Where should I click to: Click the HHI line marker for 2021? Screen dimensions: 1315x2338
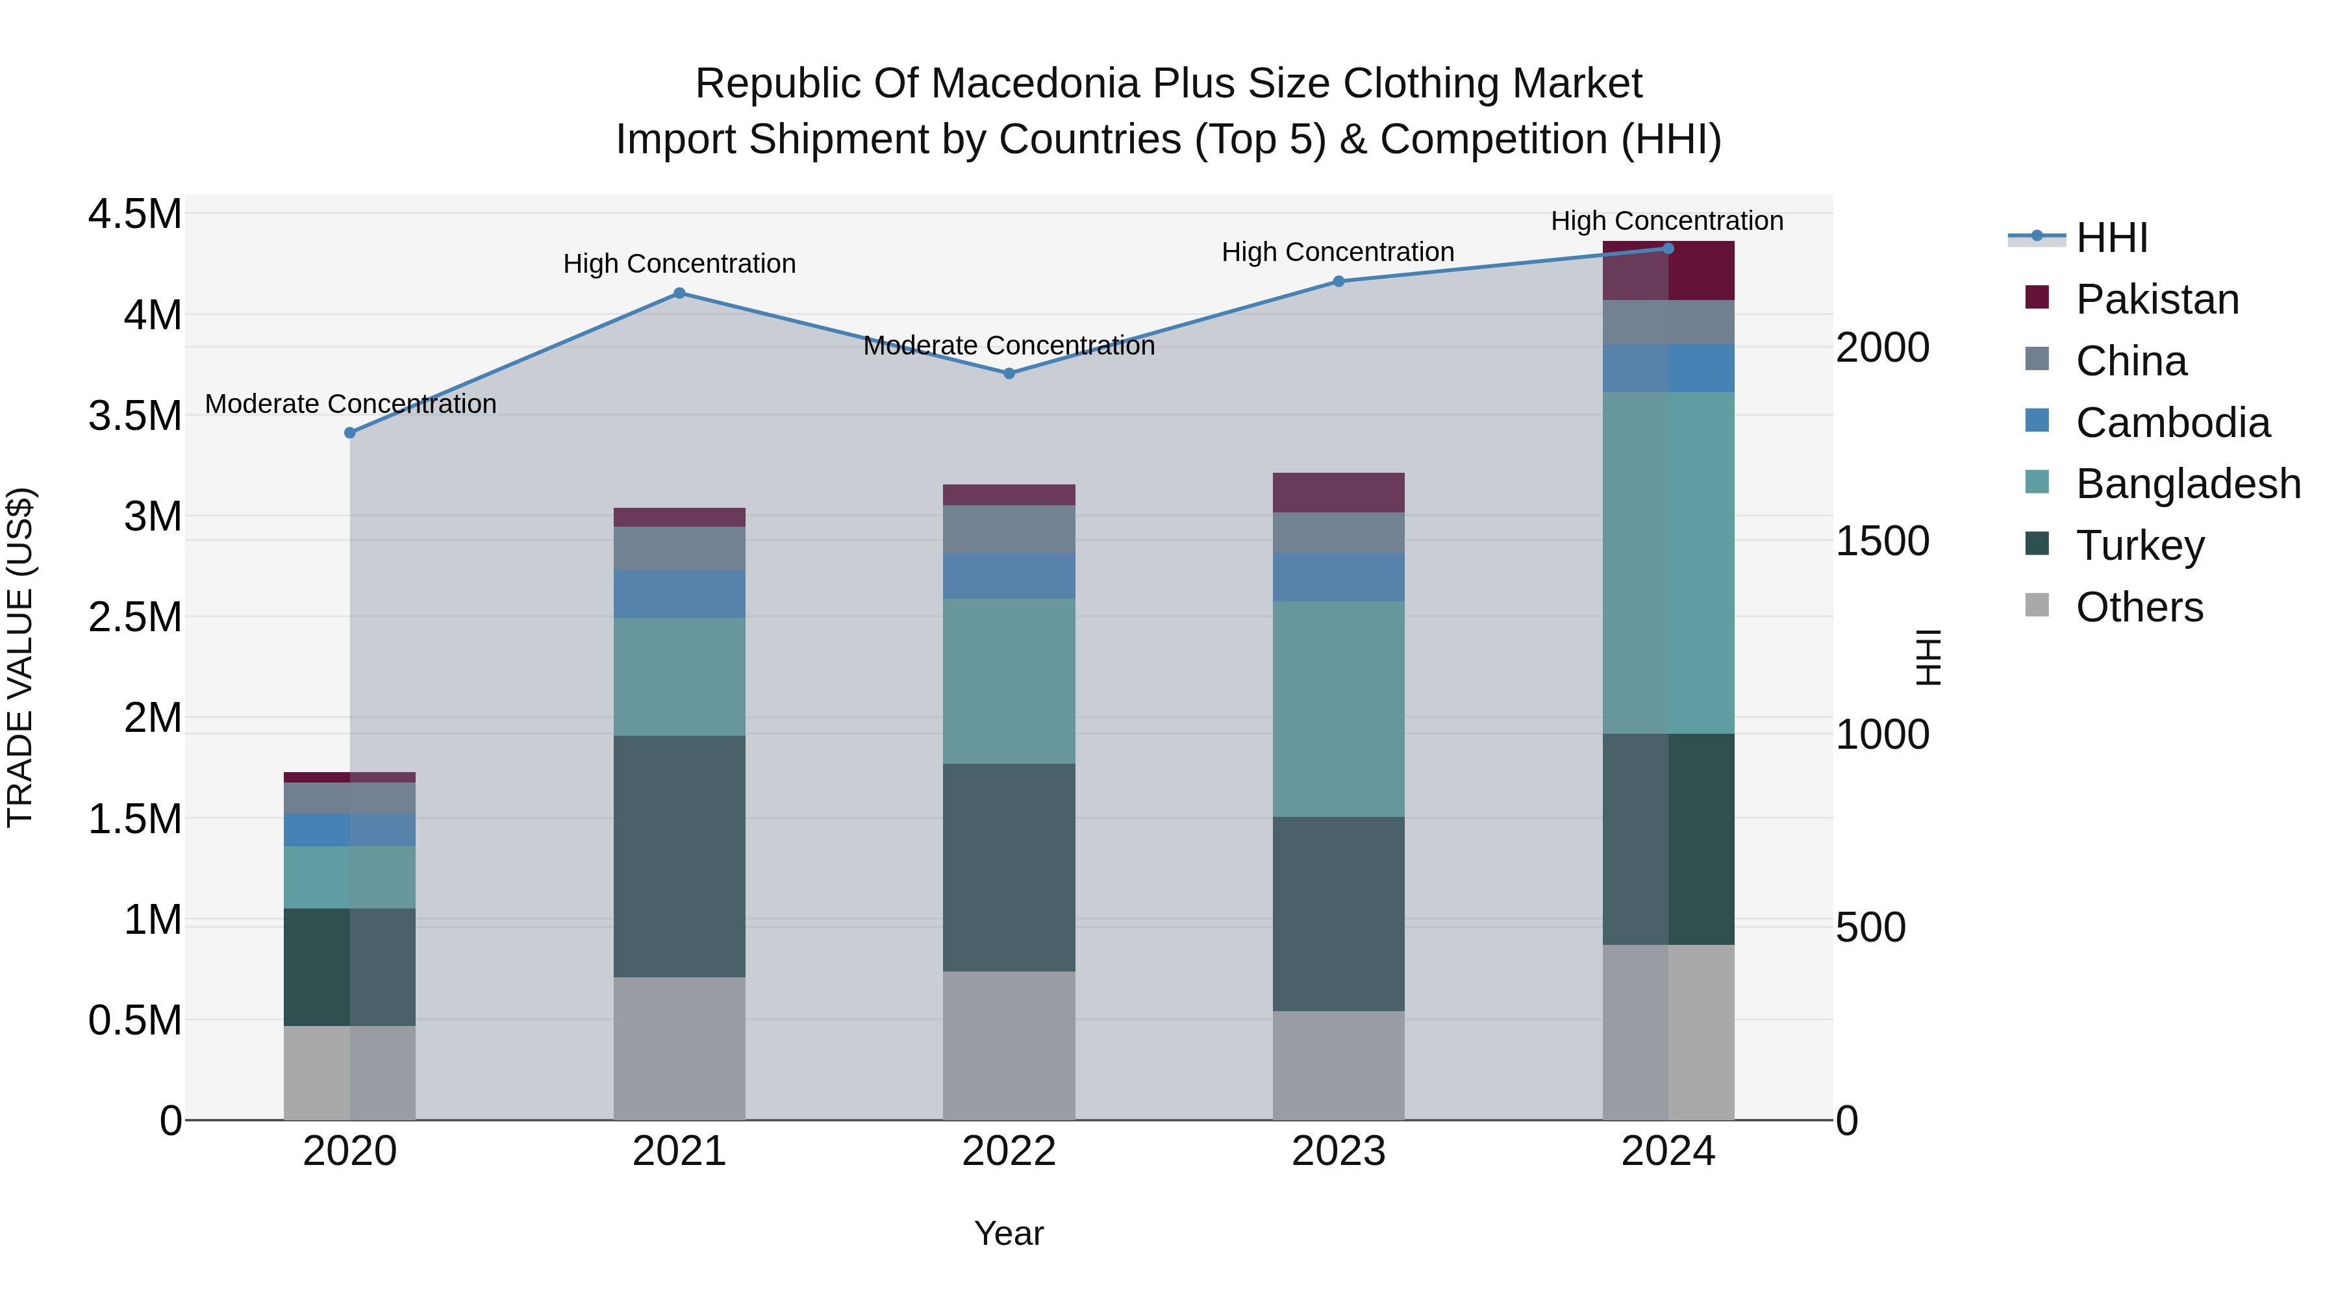click(679, 293)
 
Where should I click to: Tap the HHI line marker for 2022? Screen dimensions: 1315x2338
click(1009, 373)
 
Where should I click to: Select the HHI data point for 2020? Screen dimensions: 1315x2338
click(350, 433)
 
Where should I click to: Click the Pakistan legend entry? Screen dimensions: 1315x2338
click(2156, 299)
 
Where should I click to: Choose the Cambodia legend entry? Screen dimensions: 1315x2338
click(2172, 423)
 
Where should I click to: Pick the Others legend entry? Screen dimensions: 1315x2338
click(2139, 607)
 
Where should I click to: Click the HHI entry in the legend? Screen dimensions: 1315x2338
click(2111, 238)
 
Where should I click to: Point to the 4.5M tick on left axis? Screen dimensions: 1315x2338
click(134, 215)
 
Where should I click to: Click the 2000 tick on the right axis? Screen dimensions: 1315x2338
click(1882, 347)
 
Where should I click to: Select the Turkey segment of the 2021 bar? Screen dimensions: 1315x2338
click(679, 856)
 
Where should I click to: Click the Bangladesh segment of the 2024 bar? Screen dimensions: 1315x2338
click(1668, 562)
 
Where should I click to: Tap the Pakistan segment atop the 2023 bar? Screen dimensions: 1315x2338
click(1338, 493)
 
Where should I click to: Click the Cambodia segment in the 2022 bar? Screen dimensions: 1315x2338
click(1009, 576)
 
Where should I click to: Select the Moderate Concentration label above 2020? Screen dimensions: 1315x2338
click(350, 404)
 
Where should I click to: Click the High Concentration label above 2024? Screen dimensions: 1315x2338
click(1666, 221)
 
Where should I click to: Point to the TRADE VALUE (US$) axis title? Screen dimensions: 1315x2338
click(20, 657)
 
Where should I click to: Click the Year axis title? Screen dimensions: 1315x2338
click(1009, 1233)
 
